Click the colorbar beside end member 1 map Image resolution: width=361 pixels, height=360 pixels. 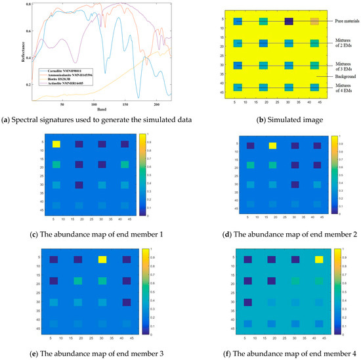(x=142, y=174)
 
